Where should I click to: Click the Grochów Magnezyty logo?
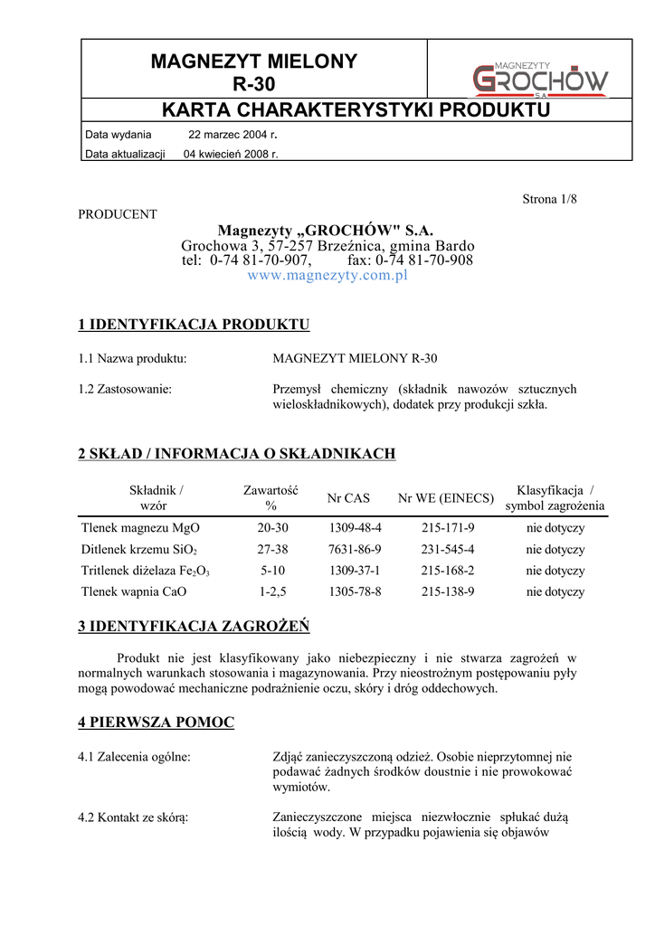pyautogui.click(x=541, y=78)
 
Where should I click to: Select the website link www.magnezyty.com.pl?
pyautogui.click(x=327, y=275)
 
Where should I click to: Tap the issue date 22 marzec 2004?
pyautogui.click(x=233, y=134)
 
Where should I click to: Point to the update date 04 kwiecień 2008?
pyautogui.click(x=231, y=154)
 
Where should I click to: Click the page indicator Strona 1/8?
pyautogui.click(x=549, y=199)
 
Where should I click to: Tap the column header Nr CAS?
pyautogui.click(x=349, y=498)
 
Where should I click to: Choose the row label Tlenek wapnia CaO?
pyautogui.click(x=135, y=592)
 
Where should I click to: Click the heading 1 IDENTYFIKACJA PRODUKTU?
pyautogui.click(x=195, y=324)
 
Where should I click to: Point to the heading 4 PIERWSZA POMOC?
pyautogui.click(x=157, y=723)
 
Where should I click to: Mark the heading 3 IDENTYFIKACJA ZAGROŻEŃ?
pyautogui.click(x=195, y=625)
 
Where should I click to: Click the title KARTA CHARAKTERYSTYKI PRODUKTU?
pyautogui.click(x=356, y=110)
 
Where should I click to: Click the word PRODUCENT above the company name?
pyautogui.click(x=118, y=214)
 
